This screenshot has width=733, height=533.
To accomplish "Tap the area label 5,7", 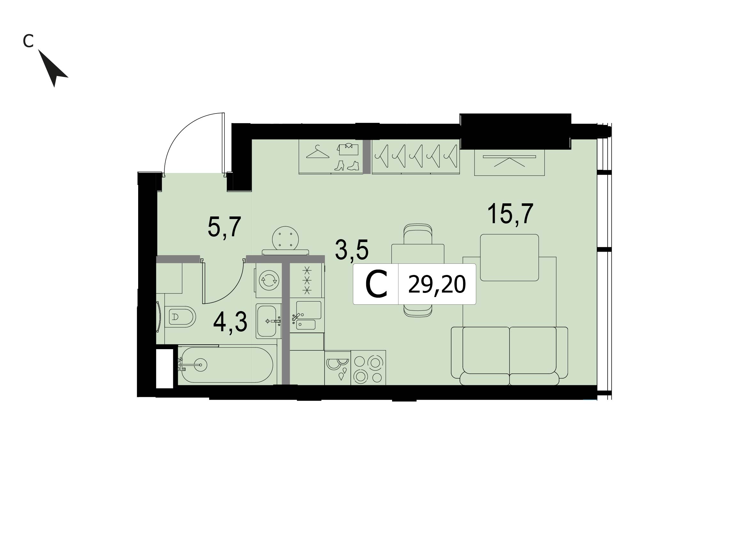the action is [x=224, y=227].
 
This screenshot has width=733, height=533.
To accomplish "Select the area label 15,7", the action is [x=510, y=214].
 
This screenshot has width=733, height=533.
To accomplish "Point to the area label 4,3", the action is [x=230, y=322].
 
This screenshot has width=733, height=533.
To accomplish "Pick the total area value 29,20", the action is [x=437, y=284].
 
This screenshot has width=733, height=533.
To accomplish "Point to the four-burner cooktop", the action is [x=368, y=368].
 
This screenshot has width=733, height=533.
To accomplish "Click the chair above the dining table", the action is [x=418, y=234].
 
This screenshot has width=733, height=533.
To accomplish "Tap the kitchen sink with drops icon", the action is [x=337, y=368].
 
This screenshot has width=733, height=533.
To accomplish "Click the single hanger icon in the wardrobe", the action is [x=317, y=152].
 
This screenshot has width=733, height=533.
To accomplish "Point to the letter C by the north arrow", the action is [x=28, y=41].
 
